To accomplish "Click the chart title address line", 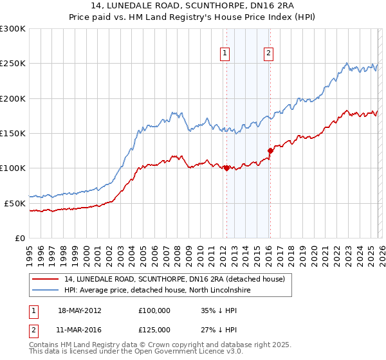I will click(192, 6).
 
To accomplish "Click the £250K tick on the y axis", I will click(13, 64).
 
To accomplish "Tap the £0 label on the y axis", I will click(21, 238).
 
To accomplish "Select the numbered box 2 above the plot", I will click(268, 54).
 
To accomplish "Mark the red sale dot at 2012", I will click(226, 168).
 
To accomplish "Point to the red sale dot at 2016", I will click(270, 151).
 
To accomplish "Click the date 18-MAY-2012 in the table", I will click(79, 310).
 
